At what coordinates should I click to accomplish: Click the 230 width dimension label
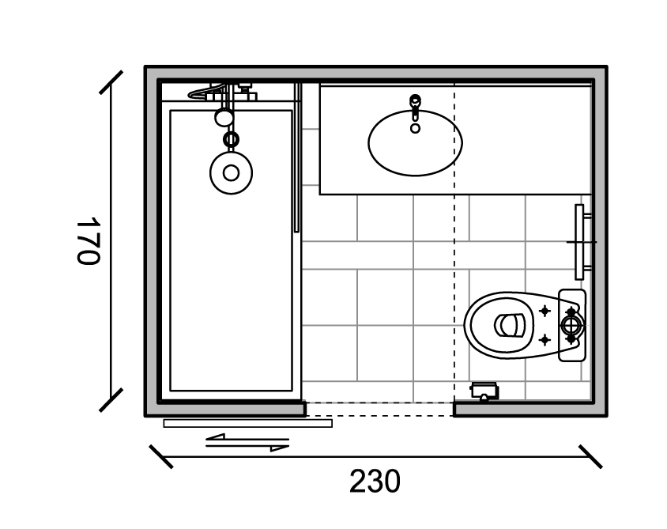click(375, 482)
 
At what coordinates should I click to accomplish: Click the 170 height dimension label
click(88, 240)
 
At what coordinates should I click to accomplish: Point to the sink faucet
click(415, 107)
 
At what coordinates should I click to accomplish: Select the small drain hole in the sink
click(415, 127)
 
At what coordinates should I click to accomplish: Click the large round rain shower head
click(231, 173)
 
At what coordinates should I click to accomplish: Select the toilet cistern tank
click(572, 325)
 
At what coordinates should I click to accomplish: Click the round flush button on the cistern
click(571, 326)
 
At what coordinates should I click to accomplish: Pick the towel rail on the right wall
click(580, 242)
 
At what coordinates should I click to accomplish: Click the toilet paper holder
click(484, 391)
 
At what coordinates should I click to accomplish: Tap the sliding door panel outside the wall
click(248, 423)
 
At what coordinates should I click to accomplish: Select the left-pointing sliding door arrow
click(247, 438)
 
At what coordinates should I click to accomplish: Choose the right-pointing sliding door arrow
click(247, 447)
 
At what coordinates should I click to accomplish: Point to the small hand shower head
click(224, 118)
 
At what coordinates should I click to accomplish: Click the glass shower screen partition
click(297, 157)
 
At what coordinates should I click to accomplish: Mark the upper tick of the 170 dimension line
click(111, 82)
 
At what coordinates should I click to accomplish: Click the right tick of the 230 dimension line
click(590, 457)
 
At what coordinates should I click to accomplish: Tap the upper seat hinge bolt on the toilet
click(545, 311)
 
